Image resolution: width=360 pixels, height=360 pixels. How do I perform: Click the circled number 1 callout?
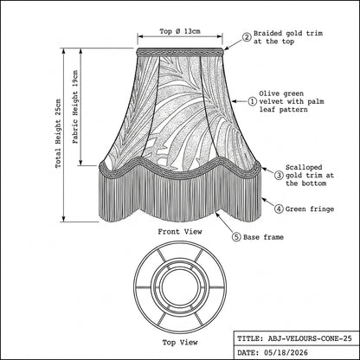pos(252,101)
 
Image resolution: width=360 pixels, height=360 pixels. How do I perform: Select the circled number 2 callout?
pos(247,37)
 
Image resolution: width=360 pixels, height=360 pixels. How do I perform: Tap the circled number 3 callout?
pos(279,175)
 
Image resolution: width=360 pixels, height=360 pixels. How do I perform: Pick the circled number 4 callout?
pos(279,209)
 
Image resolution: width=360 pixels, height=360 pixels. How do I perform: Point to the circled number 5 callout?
pos(236,237)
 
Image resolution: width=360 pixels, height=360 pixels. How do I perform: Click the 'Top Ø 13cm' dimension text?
pos(180,31)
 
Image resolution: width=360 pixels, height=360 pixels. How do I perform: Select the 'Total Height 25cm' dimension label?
pos(58,133)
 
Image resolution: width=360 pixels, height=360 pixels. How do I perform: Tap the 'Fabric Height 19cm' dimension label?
pos(75,107)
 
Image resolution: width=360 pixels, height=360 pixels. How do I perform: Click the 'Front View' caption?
pos(180,232)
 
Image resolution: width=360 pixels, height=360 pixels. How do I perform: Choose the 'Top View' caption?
pos(180,343)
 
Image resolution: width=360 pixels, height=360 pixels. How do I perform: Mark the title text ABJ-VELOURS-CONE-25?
pos(310,338)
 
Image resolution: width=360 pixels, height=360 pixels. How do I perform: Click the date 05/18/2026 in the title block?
pos(286,352)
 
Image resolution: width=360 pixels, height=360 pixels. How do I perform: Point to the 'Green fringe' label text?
pos(310,209)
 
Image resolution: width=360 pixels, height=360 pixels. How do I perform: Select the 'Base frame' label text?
pos(263,237)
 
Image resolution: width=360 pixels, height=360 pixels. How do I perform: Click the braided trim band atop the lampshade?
pos(180,52)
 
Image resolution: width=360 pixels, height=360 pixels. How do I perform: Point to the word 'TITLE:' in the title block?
pos(250,338)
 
